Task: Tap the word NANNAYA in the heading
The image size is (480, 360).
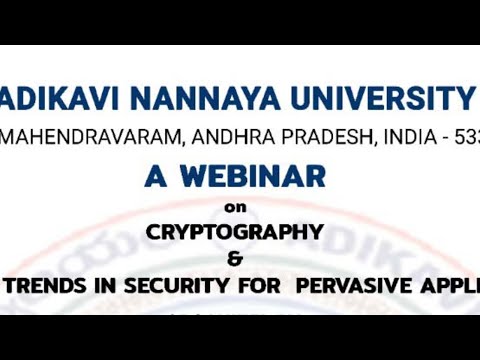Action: tap(176, 99)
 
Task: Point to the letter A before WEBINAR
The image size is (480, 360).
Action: tap(155, 176)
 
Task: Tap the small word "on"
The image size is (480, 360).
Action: tap(235, 208)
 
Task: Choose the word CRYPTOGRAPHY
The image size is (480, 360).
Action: tap(235, 232)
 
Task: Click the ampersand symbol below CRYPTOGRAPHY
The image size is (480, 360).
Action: tap(235, 259)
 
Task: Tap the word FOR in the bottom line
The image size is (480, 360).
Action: tap(253, 284)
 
